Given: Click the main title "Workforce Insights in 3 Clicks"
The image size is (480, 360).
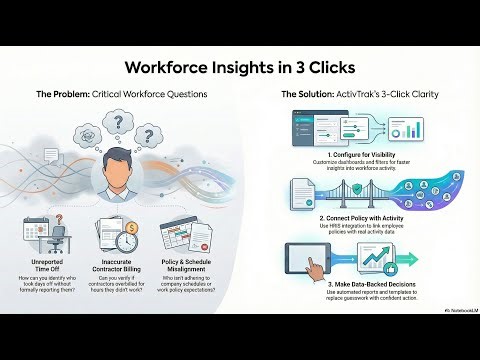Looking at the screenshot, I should (x=239, y=68).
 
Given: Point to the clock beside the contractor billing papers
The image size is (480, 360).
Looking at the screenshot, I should (x=127, y=240).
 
